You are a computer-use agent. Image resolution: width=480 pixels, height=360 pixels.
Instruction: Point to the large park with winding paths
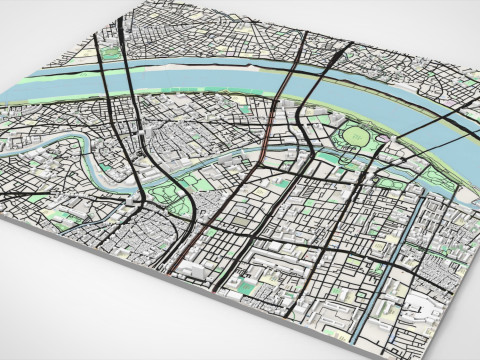(x=160, y=196)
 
